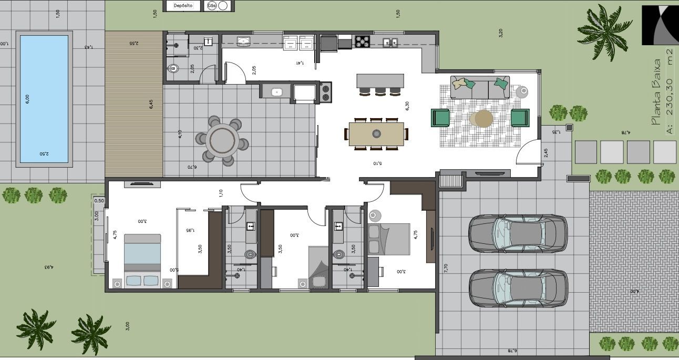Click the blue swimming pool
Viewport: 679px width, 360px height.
[x=44, y=99]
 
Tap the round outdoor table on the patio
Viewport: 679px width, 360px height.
[x=222, y=141]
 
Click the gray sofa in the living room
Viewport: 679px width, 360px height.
[x=479, y=88]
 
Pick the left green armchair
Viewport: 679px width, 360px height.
[x=440, y=118]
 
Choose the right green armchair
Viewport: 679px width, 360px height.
[x=520, y=118]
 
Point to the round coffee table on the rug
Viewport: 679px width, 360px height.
[x=481, y=119]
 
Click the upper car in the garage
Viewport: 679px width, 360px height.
[x=517, y=233]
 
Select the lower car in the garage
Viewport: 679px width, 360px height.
[x=517, y=288]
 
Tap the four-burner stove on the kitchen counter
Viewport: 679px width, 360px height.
[x=362, y=41]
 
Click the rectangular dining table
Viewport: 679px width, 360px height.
[x=376, y=133]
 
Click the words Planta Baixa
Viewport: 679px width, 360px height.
[x=655, y=92]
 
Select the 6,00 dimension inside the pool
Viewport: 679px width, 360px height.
[x=27, y=99]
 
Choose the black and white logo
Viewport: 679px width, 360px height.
[x=660, y=25]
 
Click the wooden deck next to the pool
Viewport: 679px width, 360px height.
[x=133, y=105]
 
